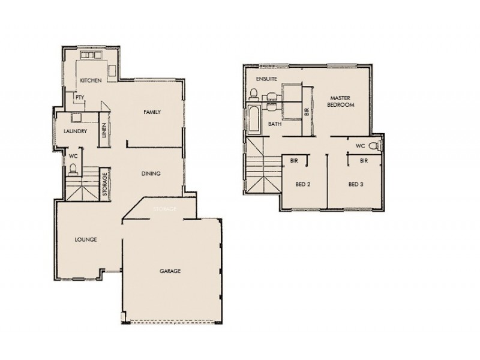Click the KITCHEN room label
click(x=90, y=80)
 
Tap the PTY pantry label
click(x=79, y=97)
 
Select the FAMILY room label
click(x=151, y=112)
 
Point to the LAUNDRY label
click(x=76, y=131)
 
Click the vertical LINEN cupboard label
click(x=104, y=131)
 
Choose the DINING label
click(x=151, y=174)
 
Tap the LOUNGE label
click(x=86, y=239)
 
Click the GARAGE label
click(x=170, y=271)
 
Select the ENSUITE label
click(x=266, y=79)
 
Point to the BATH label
click(x=275, y=124)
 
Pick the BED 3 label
click(x=356, y=184)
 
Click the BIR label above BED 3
click(x=363, y=161)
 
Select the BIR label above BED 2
click(x=295, y=161)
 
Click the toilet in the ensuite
click(x=254, y=94)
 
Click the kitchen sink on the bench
click(x=91, y=56)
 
